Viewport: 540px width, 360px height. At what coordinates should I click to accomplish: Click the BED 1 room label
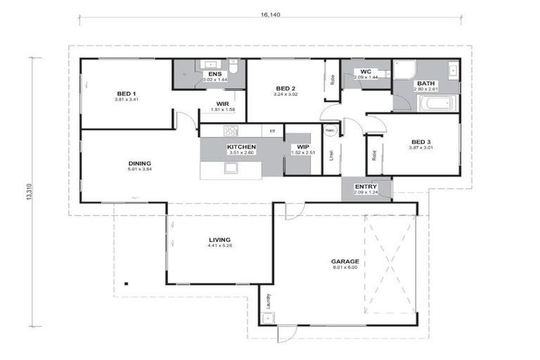pos(127,93)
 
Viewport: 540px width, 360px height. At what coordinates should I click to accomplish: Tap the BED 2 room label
pos(284,88)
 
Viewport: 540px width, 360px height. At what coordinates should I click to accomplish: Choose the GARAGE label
pos(345,262)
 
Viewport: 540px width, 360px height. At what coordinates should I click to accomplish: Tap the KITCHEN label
pos(241,147)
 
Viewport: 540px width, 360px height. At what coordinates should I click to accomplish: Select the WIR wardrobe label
pos(222,104)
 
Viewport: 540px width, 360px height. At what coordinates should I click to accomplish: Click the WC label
pos(365,72)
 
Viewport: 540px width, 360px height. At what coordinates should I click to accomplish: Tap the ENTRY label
pos(366,186)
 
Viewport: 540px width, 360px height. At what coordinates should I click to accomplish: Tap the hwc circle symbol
pos(330,131)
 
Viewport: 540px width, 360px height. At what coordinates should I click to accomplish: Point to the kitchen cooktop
pos(231,130)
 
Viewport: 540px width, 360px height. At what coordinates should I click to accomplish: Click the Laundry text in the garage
pos(268,302)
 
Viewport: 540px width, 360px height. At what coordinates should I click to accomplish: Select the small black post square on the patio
pos(126,283)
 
